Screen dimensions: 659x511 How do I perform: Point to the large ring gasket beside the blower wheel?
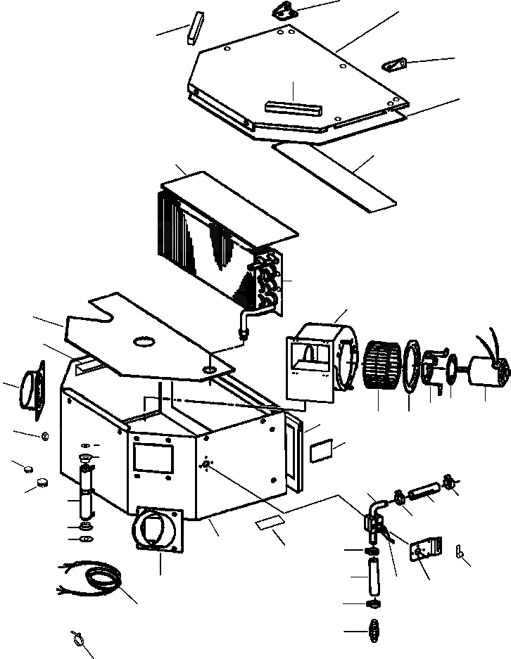click(410, 366)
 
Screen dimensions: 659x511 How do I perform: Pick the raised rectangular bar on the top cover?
click(293, 108)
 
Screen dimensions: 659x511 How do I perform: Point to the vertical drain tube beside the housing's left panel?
click(87, 500)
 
